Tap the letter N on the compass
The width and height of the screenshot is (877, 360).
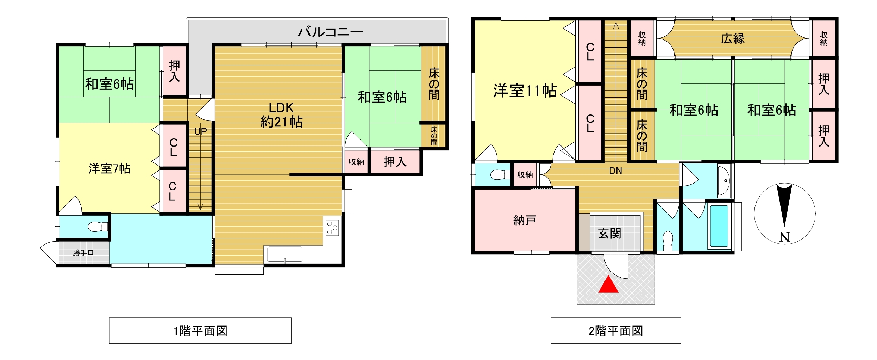[x=784, y=237]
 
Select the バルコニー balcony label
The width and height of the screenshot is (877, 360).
[x=330, y=32]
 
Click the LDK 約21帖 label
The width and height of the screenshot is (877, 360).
[x=281, y=115]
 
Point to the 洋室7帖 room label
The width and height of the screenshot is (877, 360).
[x=109, y=169]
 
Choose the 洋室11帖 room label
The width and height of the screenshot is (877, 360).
[x=525, y=91]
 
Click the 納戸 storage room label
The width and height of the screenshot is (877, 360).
[x=525, y=221]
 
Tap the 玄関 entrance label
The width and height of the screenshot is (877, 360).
[x=610, y=233]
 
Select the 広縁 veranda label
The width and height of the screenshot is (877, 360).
[x=733, y=38]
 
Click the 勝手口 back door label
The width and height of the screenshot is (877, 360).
[x=83, y=253]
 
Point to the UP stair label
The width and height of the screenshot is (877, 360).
[x=201, y=131]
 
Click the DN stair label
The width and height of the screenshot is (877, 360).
[x=615, y=171]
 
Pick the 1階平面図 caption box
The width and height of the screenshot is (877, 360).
[x=200, y=330]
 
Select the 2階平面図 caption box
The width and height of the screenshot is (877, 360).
[x=616, y=330]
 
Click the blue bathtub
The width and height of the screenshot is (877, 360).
[x=719, y=226]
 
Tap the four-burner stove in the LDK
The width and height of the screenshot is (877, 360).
[x=332, y=228]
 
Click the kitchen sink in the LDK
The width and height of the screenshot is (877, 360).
[x=285, y=254]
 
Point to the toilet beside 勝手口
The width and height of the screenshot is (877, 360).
[x=98, y=226]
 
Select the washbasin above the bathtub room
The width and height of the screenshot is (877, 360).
[x=724, y=181]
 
